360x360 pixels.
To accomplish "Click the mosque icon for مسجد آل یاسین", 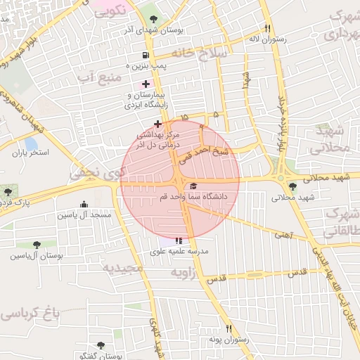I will tap(84, 205).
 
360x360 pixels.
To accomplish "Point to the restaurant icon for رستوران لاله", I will tap(267, 29).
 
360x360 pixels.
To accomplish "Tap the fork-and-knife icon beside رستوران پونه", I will tap(229, 328).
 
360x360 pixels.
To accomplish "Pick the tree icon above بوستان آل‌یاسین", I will tap(37, 244).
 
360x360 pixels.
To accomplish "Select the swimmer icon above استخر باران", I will tap(31, 141).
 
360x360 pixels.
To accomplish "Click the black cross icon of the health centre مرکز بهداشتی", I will tap(157, 124).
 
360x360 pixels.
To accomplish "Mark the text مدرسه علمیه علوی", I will tap(179, 251).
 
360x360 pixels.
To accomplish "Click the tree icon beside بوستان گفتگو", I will tap(101, 345).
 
